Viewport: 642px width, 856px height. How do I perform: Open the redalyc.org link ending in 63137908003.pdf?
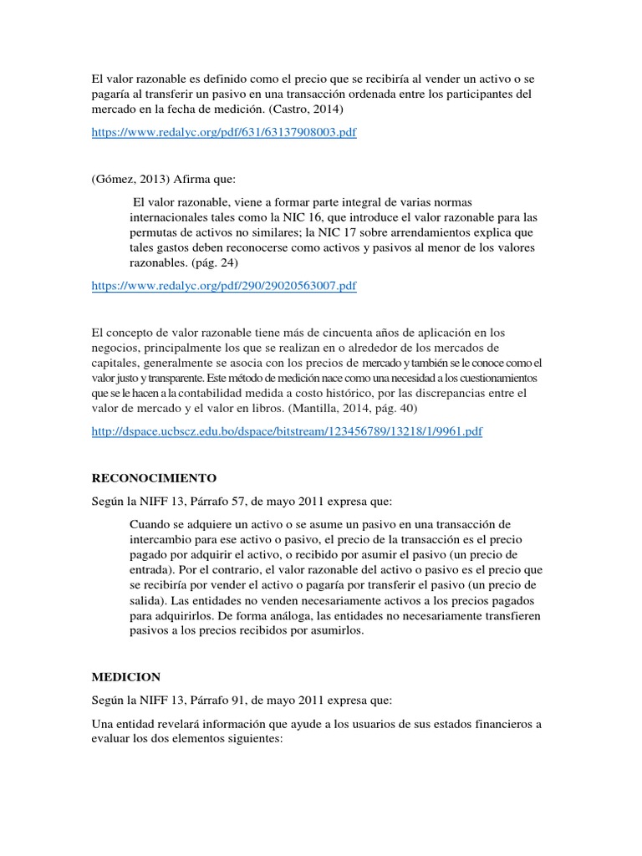click(224, 133)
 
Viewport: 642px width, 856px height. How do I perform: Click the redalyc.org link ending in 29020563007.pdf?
click(224, 286)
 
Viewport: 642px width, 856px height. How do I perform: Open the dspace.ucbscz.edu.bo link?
click(287, 431)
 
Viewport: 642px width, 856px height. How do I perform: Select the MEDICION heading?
click(125, 676)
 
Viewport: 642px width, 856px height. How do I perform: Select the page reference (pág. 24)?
click(218, 262)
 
